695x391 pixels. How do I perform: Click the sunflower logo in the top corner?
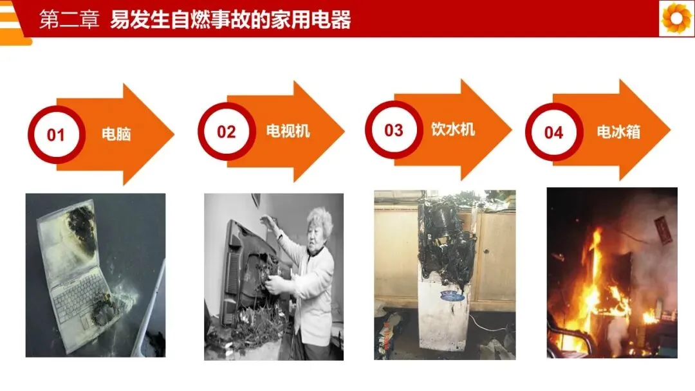coord(676,18)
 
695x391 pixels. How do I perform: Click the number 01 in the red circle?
coord(56,135)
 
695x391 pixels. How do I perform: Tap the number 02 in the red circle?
coord(226,132)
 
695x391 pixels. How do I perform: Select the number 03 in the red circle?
coord(394,130)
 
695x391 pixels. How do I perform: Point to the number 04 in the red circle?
coord(553,132)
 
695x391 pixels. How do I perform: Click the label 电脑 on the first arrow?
coord(116,134)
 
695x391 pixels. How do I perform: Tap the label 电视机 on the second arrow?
coord(288,131)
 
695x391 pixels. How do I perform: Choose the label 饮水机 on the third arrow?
coord(453,129)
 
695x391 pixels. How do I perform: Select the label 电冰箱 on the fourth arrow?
coord(618,132)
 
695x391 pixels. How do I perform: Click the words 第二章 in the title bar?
coord(69,19)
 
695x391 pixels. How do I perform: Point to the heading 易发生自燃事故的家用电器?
coord(230,19)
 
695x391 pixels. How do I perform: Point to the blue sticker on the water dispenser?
coord(452,296)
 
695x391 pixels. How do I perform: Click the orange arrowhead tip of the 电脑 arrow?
coord(174,134)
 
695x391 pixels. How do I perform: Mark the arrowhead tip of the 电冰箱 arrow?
coord(671,130)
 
